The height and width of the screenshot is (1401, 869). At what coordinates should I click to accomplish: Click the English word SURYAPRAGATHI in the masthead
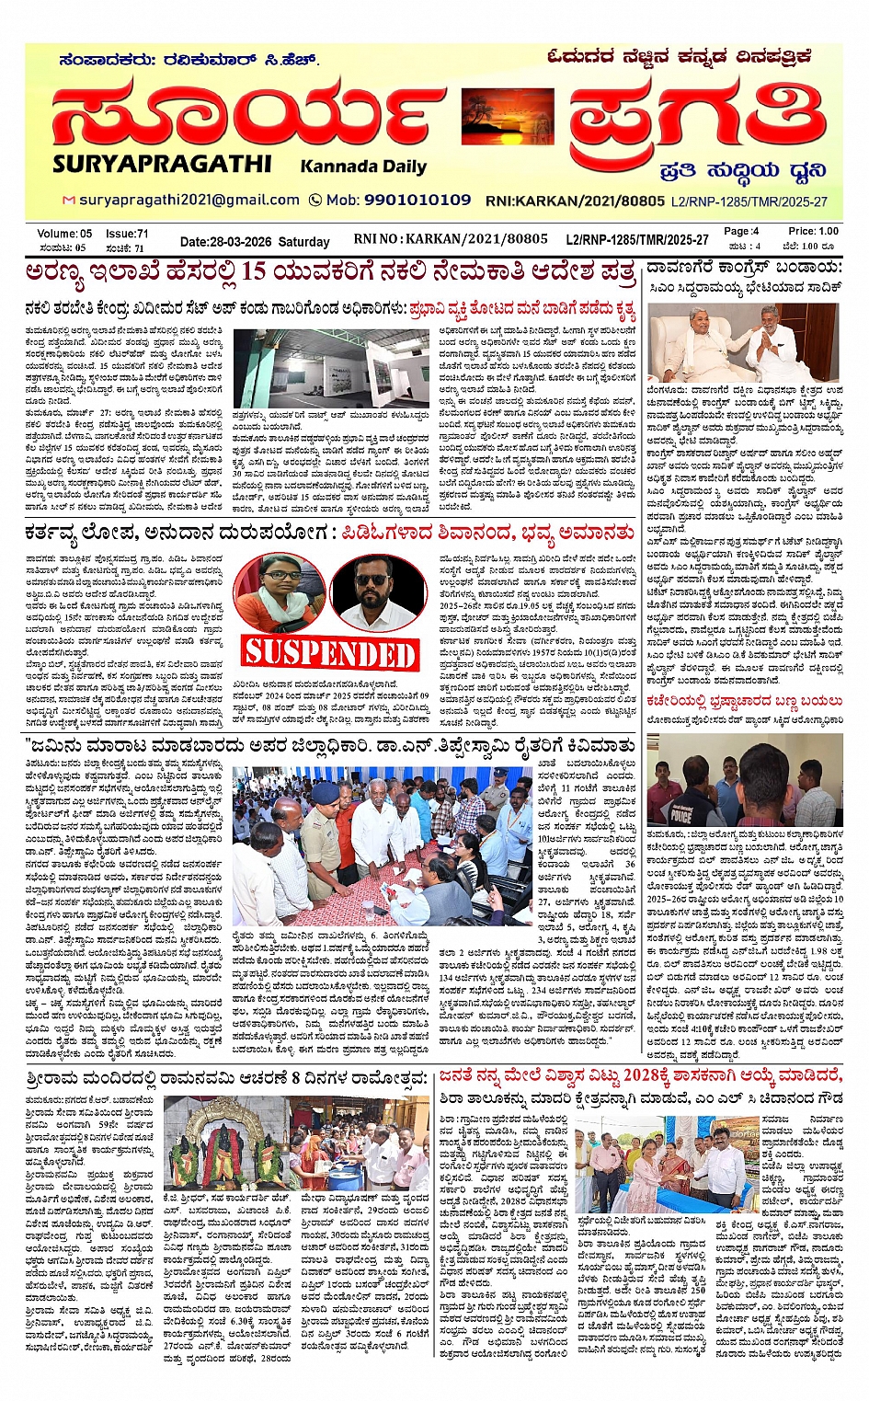pyautogui.click(x=162, y=164)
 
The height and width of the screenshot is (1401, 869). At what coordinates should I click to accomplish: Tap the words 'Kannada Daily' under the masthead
pyautogui.click(x=363, y=167)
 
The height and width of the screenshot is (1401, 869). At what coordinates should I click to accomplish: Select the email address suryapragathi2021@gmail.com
pyautogui.click(x=189, y=200)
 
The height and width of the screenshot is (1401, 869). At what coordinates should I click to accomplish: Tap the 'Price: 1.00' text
pyautogui.click(x=813, y=231)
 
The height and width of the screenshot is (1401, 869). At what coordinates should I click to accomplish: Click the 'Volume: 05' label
pyautogui.click(x=64, y=234)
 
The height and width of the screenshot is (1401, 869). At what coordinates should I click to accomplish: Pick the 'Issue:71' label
pyautogui.click(x=127, y=234)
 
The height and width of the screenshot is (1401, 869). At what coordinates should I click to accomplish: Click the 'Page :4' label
pyautogui.click(x=741, y=231)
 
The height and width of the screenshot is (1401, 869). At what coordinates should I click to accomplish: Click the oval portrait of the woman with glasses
pyautogui.click(x=278, y=590)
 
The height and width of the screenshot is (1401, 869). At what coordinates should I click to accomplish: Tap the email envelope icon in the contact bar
pyautogui.click(x=68, y=201)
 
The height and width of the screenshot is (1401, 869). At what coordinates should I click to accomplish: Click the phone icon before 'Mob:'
pyautogui.click(x=315, y=200)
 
